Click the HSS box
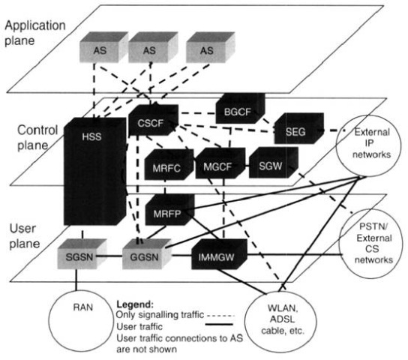pyautogui.click(x=95, y=171)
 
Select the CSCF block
pyautogui.click(x=154, y=120)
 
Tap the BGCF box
pyautogui.click(x=240, y=109)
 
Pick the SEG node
pyautogui.click(x=299, y=128)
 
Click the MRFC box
pyautogui.click(x=169, y=164)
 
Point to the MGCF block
pyautogui.click(x=220, y=163)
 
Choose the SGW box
pyautogui.click(x=274, y=163)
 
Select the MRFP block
pyautogui.click(x=169, y=210)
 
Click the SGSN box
pyautogui.click(x=82, y=253)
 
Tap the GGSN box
pyautogui.click(x=147, y=253)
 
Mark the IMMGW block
pyautogui.click(x=219, y=254)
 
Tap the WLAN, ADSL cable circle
pyautogui.click(x=280, y=322)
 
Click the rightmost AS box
pyautogui.click(x=211, y=47)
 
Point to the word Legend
pyautogui.click(x=135, y=304)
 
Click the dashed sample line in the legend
pyautogui.click(x=220, y=316)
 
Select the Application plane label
pyautogui.click(x=34, y=33)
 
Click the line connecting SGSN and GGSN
pyautogui.click(x=109, y=256)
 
